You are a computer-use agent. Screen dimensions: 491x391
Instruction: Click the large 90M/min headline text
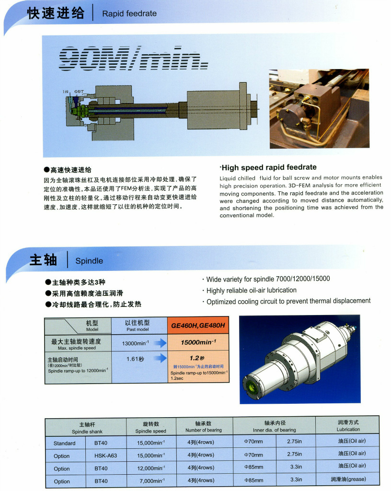click(x=130, y=59)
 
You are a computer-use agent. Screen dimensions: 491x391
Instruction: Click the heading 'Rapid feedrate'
click(x=129, y=13)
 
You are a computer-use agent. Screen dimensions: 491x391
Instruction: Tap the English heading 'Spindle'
click(x=89, y=260)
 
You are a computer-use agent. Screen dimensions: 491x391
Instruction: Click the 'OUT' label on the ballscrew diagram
click(x=79, y=92)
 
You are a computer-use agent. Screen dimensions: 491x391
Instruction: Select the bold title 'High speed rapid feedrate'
click(x=268, y=167)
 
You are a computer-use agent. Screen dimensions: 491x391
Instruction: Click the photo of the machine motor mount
click(x=319, y=108)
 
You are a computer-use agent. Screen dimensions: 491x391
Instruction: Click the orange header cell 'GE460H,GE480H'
click(x=198, y=326)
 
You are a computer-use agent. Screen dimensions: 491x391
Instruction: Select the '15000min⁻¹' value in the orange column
click(x=198, y=342)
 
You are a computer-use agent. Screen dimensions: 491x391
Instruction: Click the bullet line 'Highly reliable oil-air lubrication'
click(x=251, y=290)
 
